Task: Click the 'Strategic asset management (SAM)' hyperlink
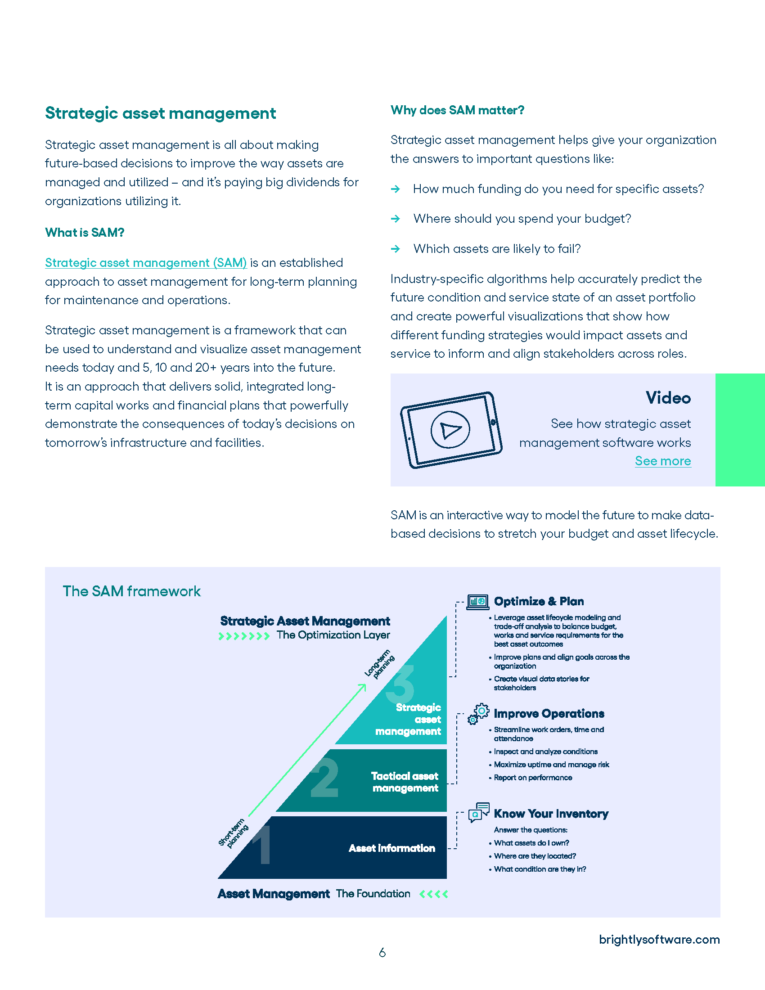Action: (x=145, y=263)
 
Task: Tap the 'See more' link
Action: (x=662, y=461)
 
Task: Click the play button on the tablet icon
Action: (x=450, y=429)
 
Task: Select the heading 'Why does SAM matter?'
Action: (x=457, y=110)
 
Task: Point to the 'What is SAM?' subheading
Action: (x=84, y=233)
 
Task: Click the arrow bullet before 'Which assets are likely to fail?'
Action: (x=396, y=249)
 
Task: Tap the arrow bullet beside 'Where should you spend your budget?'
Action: (x=396, y=219)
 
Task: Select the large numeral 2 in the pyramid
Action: (x=324, y=778)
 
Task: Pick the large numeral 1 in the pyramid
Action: (x=263, y=845)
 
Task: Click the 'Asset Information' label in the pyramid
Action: (x=391, y=848)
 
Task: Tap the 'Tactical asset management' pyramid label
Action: (x=405, y=782)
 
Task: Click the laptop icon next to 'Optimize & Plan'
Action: (x=477, y=602)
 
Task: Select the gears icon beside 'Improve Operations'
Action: (x=479, y=714)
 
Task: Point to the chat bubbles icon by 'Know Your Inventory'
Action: (x=479, y=812)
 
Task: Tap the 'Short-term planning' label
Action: (x=234, y=833)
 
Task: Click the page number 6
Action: (x=382, y=953)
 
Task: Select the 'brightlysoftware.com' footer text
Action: (x=659, y=939)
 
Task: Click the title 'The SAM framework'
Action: (x=131, y=591)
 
